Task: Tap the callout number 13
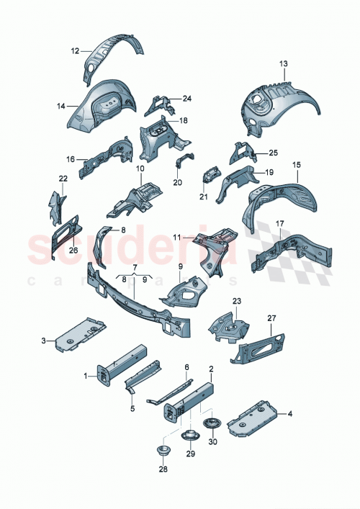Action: [x=283, y=65]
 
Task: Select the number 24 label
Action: [x=186, y=99]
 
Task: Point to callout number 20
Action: [x=177, y=182]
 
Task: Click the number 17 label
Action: [x=279, y=225]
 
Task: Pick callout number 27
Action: [x=271, y=317]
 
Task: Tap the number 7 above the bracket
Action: [x=134, y=267]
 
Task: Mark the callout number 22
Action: [x=63, y=178]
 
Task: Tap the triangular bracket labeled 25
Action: [x=239, y=153]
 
